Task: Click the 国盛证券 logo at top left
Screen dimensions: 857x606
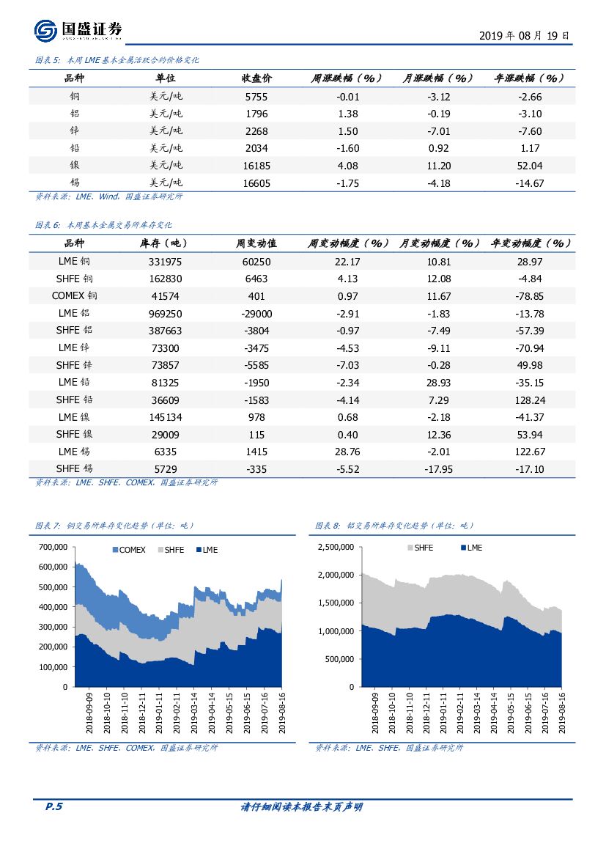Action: [x=78, y=31]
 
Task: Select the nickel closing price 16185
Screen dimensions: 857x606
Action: [x=256, y=166]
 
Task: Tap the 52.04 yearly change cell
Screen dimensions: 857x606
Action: [x=529, y=166]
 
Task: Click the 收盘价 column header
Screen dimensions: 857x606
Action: [x=256, y=78]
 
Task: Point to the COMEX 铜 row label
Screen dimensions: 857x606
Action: [x=74, y=296]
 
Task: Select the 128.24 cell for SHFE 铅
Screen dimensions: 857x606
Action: [x=529, y=400]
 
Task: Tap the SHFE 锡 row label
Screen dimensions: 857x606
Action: [x=74, y=469]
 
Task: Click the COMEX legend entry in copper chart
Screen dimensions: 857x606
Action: [x=128, y=550]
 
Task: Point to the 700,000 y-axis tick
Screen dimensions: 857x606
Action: [x=53, y=548]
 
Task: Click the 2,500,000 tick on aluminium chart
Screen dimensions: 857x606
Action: [x=336, y=548]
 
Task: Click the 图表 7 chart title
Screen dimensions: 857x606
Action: [x=114, y=526]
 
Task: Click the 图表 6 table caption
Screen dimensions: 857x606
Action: [x=103, y=226]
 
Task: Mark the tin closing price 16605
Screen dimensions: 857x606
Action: [x=256, y=183]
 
